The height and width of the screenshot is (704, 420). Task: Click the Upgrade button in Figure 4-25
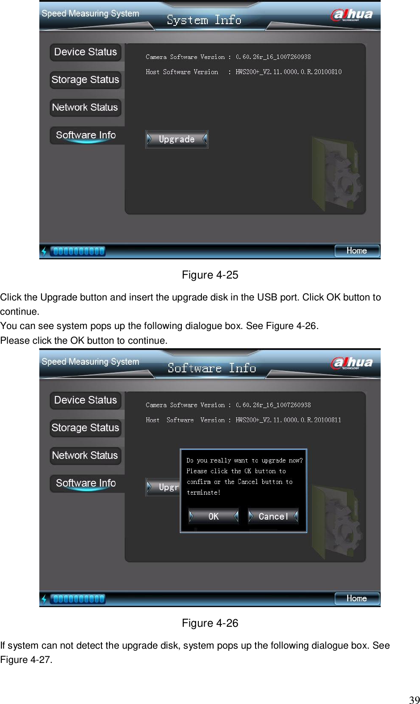[x=176, y=139]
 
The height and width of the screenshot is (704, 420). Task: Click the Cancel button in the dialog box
[x=273, y=517]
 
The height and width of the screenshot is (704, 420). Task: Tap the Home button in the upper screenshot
[x=357, y=251]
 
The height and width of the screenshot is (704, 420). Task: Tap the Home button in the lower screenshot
[x=357, y=599]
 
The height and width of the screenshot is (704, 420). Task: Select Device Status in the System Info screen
[x=85, y=52]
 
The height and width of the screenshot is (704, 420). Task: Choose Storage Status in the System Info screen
[x=85, y=80]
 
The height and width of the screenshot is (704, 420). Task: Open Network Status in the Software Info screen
[x=85, y=456]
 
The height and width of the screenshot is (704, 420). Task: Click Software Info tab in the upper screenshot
[x=86, y=135]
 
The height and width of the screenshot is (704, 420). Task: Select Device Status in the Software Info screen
[x=85, y=400]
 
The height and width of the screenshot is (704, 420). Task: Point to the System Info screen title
[x=204, y=20]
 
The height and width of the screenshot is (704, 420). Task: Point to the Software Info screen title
[x=212, y=368]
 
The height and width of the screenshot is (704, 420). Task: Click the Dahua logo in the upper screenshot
[x=352, y=15]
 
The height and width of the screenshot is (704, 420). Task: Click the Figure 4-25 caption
[x=210, y=275]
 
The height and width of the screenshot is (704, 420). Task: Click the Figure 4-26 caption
[x=210, y=623]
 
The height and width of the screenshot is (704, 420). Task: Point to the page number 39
[x=414, y=700]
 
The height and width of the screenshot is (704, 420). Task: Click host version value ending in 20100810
[x=289, y=72]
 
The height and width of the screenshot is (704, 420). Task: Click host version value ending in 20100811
[x=288, y=420]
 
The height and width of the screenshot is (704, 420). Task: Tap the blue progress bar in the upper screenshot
[x=78, y=251]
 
